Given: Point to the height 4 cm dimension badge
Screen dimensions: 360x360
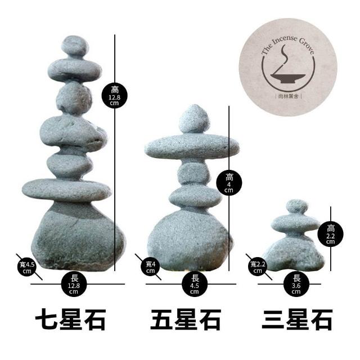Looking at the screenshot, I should [x=228, y=182].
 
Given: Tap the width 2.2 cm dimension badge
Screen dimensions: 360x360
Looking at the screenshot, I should [x=258, y=265].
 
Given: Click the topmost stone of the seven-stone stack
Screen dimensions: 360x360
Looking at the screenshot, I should [x=74, y=46].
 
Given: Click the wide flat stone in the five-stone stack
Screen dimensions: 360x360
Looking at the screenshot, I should [x=191, y=147].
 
